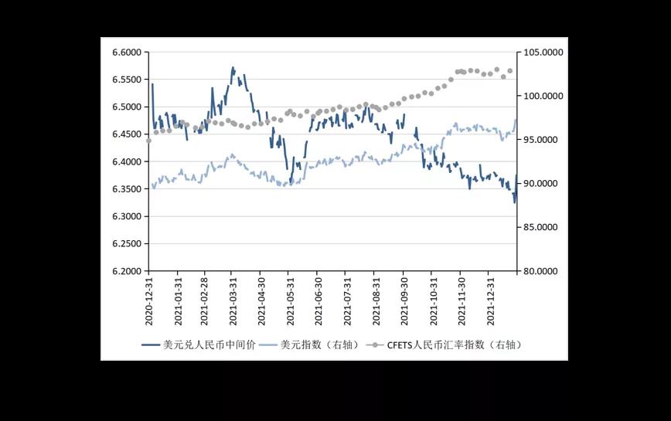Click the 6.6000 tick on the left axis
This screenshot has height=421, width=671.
pyautogui.click(x=127, y=53)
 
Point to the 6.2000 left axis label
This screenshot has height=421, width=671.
pyautogui.click(x=127, y=271)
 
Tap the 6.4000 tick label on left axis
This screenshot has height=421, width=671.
pyautogui.click(x=127, y=162)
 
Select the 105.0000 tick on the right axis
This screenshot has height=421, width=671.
pyautogui.click(x=542, y=53)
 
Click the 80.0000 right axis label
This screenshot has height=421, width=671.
pyautogui.click(x=540, y=271)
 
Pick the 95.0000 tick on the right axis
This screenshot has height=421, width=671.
pyautogui.click(x=540, y=140)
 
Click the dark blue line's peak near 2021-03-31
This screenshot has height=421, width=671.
pyautogui.click(x=233, y=68)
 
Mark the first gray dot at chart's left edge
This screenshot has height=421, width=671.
pyautogui.click(x=148, y=141)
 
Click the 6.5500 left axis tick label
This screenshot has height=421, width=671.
pyautogui.click(x=127, y=80)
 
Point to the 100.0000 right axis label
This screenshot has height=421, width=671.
pyautogui.click(x=542, y=97)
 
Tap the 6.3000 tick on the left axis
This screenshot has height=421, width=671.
pyautogui.click(x=127, y=216)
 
